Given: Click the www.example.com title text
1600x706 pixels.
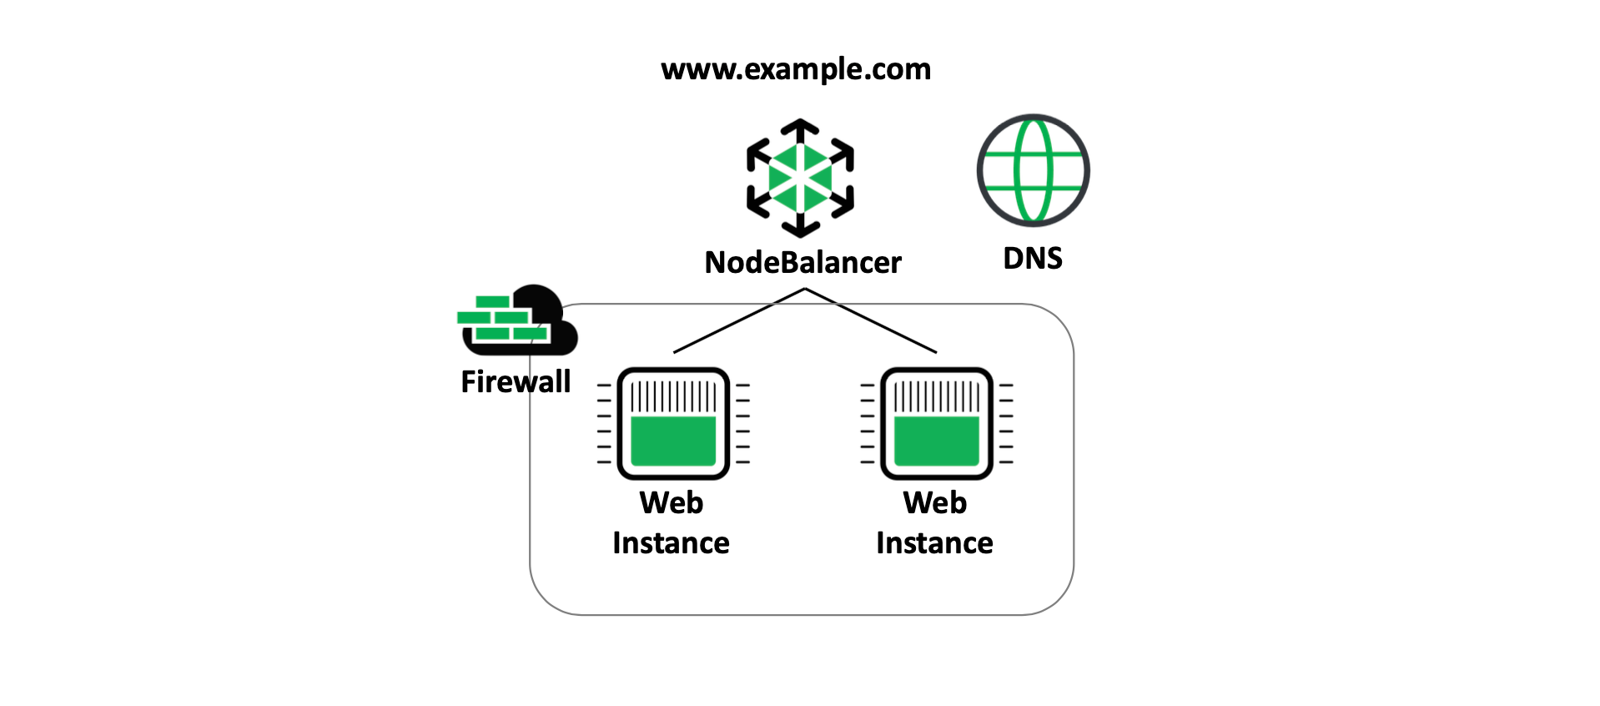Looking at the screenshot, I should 796,69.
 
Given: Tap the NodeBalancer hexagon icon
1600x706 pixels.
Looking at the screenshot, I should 800,178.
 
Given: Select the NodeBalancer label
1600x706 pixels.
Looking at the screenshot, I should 803,262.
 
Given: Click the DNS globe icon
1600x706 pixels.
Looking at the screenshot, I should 1033,170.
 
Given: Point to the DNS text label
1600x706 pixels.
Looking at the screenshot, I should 1033,259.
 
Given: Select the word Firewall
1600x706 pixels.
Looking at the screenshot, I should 516,382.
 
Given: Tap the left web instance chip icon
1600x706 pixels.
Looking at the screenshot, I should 673,423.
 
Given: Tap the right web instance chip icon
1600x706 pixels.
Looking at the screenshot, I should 937,423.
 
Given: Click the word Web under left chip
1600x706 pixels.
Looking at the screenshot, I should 672,503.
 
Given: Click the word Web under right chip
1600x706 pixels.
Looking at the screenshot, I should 935,503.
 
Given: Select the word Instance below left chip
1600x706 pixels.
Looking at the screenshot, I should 671,543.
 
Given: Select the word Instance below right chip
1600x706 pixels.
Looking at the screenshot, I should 934,543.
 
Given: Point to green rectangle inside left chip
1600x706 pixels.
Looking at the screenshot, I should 673,441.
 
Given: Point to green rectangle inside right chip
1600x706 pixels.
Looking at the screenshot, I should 937,441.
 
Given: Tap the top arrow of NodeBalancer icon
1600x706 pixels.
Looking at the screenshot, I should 800,129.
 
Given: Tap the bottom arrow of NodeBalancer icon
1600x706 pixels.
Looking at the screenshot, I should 800,227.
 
